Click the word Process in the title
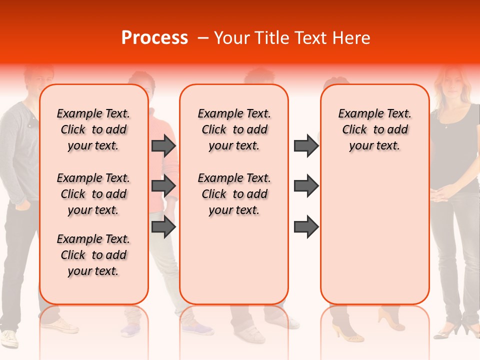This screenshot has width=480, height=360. [154, 38]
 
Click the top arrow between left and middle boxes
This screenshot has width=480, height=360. [163, 145]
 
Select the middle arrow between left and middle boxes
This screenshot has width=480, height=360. [163, 186]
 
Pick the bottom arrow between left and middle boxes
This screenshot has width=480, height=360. [163, 226]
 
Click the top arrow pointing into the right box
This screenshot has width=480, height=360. [306, 145]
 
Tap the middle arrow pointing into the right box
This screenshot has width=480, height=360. [306, 186]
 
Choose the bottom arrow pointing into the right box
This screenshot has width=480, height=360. [306, 226]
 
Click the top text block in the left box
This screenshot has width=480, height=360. [93, 129]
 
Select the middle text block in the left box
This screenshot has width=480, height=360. [93, 194]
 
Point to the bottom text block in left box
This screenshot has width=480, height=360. [93, 255]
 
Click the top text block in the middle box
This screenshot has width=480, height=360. [234, 129]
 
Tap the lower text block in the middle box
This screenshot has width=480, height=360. [234, 194]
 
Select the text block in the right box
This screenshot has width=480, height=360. [374, 129]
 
